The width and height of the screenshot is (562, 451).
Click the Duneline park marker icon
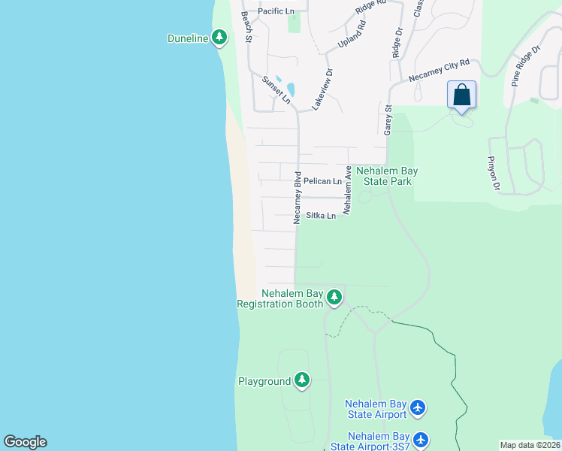(219, 37)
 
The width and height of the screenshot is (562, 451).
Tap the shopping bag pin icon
(461, 96)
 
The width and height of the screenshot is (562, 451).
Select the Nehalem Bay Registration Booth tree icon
(334, 298)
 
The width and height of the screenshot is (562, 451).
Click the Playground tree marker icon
(302, 380)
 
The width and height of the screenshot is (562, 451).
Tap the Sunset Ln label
(276, 90)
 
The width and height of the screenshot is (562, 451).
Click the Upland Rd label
(352, 35)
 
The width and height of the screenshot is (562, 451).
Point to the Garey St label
(388, 120)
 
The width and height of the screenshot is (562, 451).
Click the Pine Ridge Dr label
(527, 66)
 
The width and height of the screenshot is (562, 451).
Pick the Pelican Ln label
(322, 181)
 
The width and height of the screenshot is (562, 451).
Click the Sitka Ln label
(320, 216)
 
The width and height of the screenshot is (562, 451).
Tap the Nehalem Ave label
(348, 192)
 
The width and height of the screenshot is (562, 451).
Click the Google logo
(25, 442)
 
